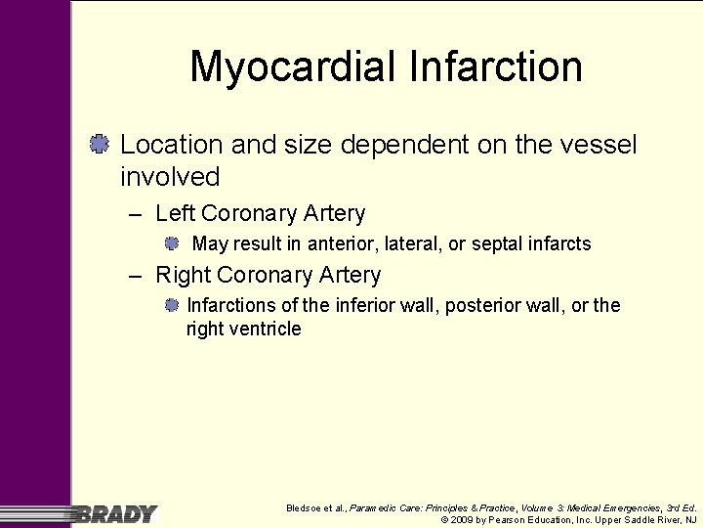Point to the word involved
tap(170, 177)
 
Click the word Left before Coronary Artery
tap(176, 213)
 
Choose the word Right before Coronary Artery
tap(184, 275)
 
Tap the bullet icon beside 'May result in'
tap(171, 242)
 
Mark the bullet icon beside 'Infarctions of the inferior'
tap(171, 305)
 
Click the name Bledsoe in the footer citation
tap(306, 508)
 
